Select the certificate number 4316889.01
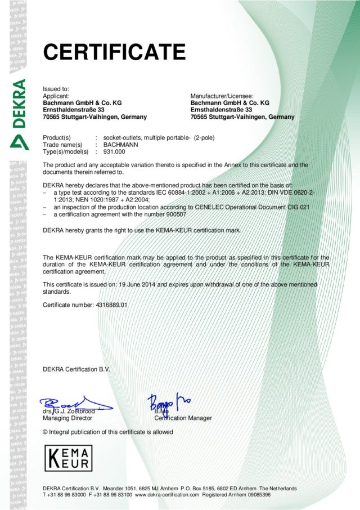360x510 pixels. (x=109, y=305)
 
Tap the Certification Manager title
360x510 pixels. (x=183, y=418)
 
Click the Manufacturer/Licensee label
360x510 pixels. (x=222, y=96)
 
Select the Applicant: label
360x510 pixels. (x=56, y=96)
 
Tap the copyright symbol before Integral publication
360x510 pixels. (x=46, y=432)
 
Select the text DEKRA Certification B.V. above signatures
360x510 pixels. (x=77, y=369)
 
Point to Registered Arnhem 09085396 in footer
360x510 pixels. (x=236, y=494)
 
